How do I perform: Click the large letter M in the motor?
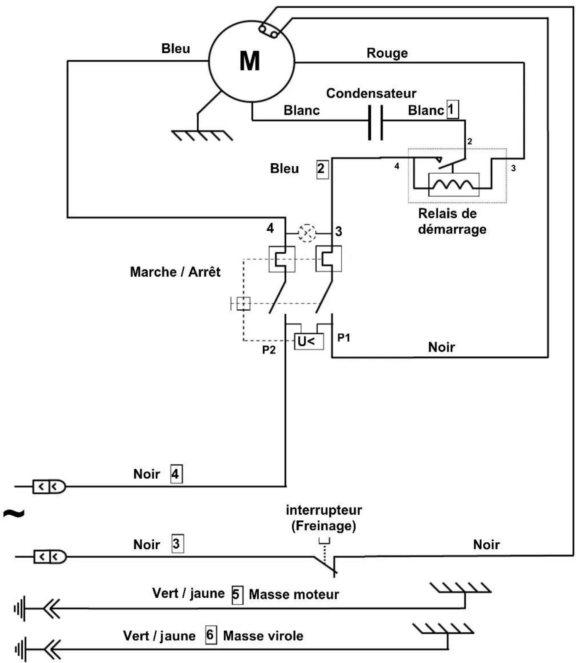click(249, 61)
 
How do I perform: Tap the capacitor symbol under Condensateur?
click(375, 122)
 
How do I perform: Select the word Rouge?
click(387, 53)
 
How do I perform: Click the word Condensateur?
click(371, 93)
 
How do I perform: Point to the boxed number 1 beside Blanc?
click(452, 109)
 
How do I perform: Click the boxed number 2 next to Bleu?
click(322, 169)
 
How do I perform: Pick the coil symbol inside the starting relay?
click(453, 185)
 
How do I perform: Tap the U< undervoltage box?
click(308, 341)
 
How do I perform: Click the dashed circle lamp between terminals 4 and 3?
click(306, 233)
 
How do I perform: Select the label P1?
click(343, 338)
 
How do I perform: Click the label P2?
click(269, 350)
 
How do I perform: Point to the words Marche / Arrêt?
click(175, 272)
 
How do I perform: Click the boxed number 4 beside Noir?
click(176, 474)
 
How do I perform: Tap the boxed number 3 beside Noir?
click(177, 544)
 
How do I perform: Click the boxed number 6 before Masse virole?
click(211, 635)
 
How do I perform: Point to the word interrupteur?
click(324, 510)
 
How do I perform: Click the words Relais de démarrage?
click(452, 221)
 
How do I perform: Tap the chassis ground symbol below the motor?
click(202, 135)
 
